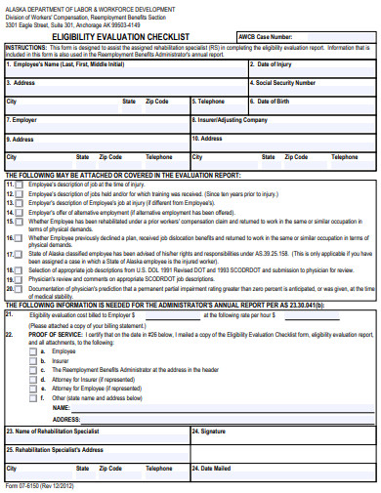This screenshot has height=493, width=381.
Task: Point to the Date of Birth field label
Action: tap(274, 102)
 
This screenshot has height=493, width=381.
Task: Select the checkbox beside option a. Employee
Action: tap(32, 351)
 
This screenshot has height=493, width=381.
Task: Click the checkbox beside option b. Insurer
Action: tap(32, 361)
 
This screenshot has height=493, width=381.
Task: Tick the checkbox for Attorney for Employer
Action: tap(32, 380)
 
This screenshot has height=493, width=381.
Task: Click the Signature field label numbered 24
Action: tap(209, 431)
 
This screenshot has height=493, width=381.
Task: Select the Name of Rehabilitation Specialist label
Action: tap(53, 431)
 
